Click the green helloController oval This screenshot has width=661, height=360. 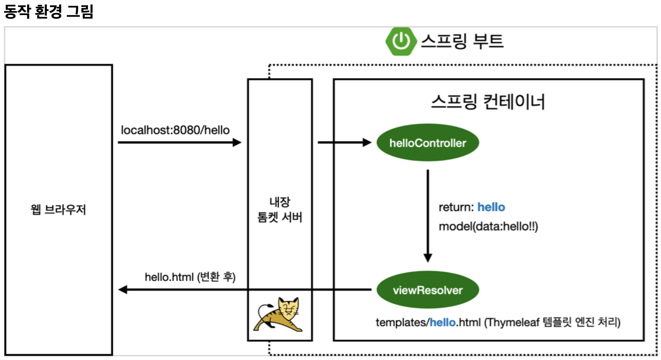click(x=427, y=143)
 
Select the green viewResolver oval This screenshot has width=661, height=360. click(x=427, y=290)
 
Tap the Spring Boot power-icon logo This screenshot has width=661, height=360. click(x=401, y=41)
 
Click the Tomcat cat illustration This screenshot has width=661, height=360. click(x=280, y=315)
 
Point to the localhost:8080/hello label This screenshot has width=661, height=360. click(x=175, y=130)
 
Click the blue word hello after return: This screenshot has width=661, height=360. click(x=491, y=207)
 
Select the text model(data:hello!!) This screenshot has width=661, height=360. click(x=488, y=226)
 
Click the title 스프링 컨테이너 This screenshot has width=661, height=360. click(x=488, y=101)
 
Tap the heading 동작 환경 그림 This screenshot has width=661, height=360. click(x=48, y=11)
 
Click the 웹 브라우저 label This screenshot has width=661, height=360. click(x=58, y=210)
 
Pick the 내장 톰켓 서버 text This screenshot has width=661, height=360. click(x=280, y=210)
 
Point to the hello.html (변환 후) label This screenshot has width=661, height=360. click(x=190, y=277)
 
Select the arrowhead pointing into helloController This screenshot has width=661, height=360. click(x=367, y=143)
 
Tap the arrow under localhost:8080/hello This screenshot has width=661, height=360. click(x=179, y=143)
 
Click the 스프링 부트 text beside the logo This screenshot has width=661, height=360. click(x=462, y=41)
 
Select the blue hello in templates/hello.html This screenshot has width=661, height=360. click(x=443, y=323)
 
